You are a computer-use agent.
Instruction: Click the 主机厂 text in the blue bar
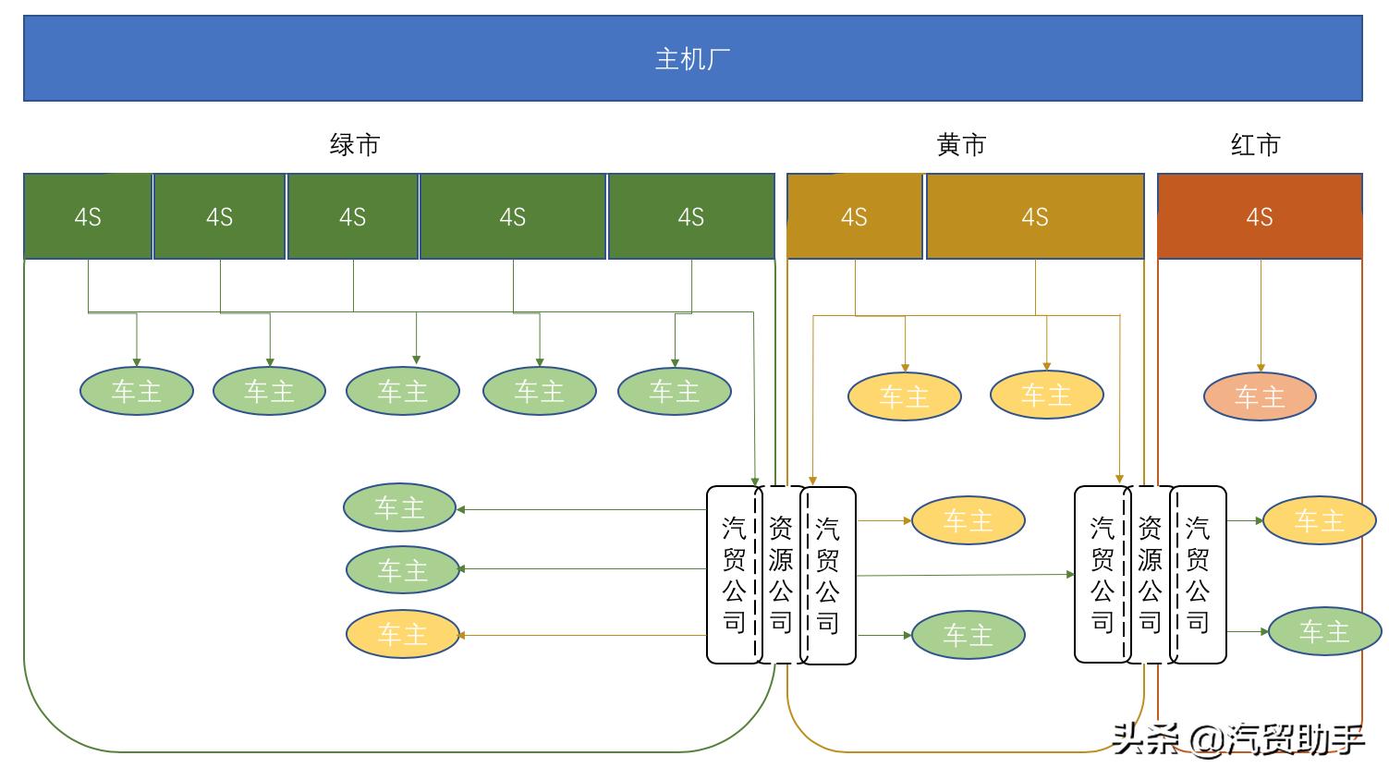coord(692,59)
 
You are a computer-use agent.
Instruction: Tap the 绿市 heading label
coord(355,145)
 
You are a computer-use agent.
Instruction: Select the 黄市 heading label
coord(961,145)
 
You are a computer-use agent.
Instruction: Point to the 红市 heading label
coord(1255,145)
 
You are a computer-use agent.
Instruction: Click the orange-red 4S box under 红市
coord(1260,217)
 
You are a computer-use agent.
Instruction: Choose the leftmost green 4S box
coord(88,217)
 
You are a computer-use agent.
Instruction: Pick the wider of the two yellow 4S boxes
coord(1035,217)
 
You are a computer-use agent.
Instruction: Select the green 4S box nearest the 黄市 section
coord(691,217)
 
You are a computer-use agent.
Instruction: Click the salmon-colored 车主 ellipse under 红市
coord(1260,397)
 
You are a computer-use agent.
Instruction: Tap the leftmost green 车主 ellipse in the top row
coord(137,392)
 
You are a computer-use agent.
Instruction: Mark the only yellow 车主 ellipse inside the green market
coord(402,635)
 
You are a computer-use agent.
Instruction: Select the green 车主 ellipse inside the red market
coord(1324,631)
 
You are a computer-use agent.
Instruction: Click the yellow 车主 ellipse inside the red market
coord(1319,521)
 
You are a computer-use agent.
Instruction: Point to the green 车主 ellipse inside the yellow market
coord(968,635)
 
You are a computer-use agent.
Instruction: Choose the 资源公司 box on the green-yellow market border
coord(781,575)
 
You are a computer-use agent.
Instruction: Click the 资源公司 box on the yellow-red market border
coord(1150,575)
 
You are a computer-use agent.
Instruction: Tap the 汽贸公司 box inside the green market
coord(733,575)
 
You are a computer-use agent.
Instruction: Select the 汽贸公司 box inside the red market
coord(1198,575)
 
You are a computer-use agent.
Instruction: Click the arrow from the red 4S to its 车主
coord(1261,314)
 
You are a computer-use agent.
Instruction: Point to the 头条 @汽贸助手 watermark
coord(1238,739)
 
